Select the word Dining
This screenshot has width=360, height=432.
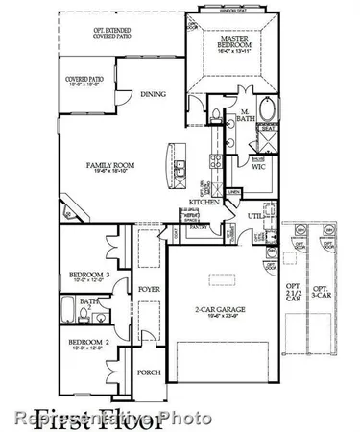point(153,94)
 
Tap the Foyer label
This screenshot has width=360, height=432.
point(147,286)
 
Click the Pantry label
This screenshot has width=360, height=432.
point(200,228)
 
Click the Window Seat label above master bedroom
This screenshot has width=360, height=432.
point(229,11)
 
